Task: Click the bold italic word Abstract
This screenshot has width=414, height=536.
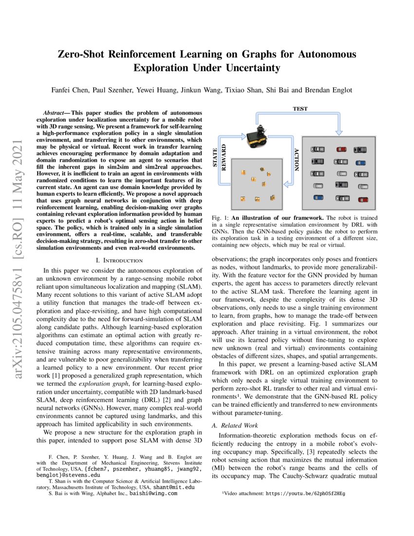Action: click(54, 113)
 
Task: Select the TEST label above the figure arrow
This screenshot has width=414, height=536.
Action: click(300, 109)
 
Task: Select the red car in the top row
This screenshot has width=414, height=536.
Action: click(341, 150)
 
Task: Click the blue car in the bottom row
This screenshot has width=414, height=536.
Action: click(319, 198)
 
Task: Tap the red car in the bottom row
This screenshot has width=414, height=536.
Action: click(363, 199)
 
